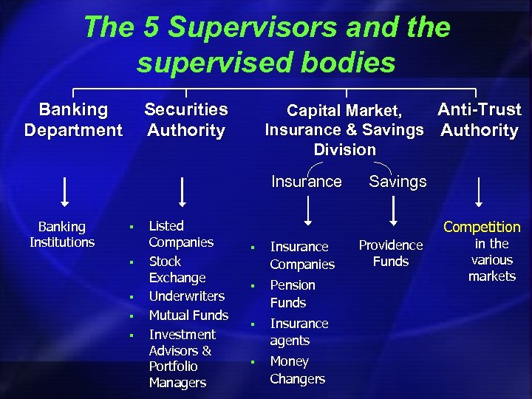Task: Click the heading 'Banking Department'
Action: click(x=72, y=120)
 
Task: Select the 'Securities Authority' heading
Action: click(x=185, y=120)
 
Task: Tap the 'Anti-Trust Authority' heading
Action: click(x=480, y=120)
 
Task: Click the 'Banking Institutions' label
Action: click(x=62, y=234)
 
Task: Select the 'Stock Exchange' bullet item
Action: click(x=177, y=270)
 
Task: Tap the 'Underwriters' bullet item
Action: click(x=186, y=296)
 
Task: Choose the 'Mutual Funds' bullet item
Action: click(x=188, y=316)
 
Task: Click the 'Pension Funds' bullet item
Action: click(x=292, y=294)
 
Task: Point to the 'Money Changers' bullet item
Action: click(x=297, y=370)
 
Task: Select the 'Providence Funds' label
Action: click(x=391, y=253)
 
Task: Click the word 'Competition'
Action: click(x=482, y=227)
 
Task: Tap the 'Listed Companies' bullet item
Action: click(x=180, y=234)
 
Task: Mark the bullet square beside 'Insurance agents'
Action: click(x=252, y=324)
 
